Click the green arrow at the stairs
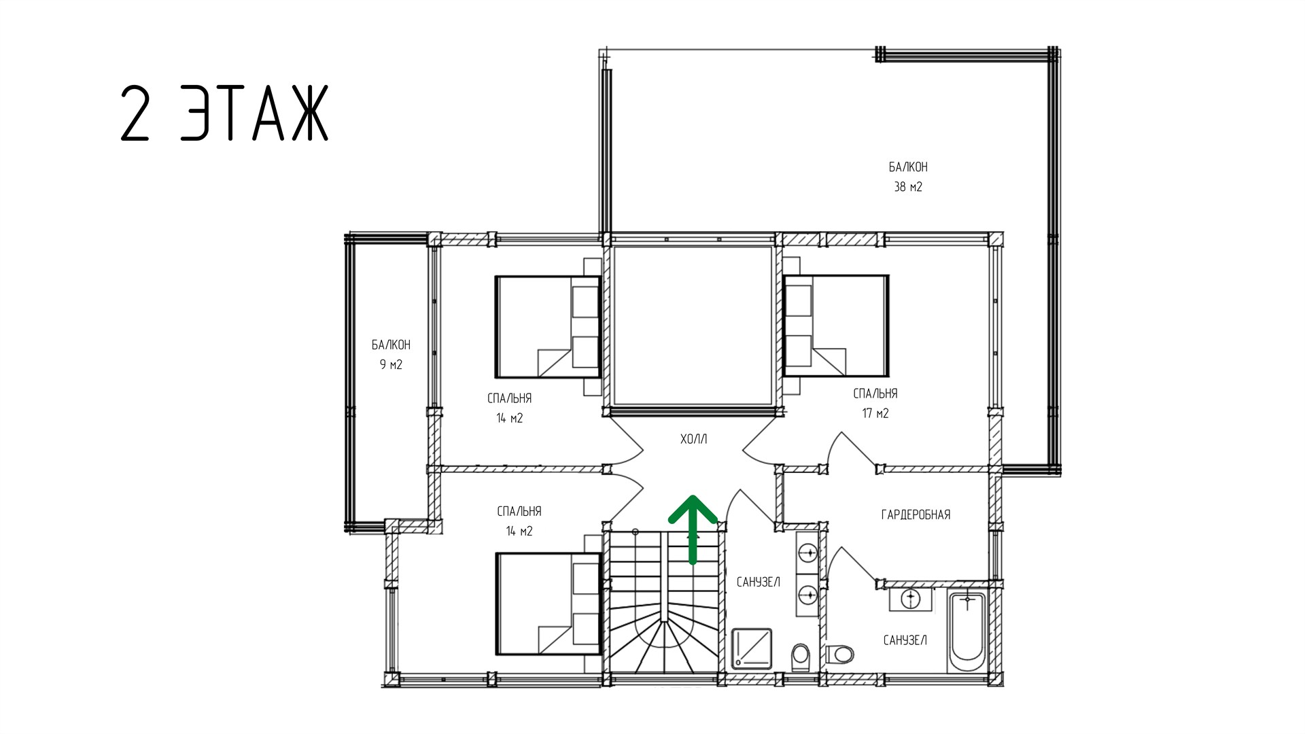693,530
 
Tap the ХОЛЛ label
693,440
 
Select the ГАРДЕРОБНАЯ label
916,514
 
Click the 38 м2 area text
908,187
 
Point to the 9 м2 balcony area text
391,365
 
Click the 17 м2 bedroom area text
875,413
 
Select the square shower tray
752,648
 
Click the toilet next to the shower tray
801,657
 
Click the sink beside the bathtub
911,599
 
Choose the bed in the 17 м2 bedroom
836,326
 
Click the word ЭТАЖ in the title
255,113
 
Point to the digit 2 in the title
135,113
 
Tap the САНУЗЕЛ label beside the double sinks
758,582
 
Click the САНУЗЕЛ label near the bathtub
905,640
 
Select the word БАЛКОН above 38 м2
908,167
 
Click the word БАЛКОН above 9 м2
391,345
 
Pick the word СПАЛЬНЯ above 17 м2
875,394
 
